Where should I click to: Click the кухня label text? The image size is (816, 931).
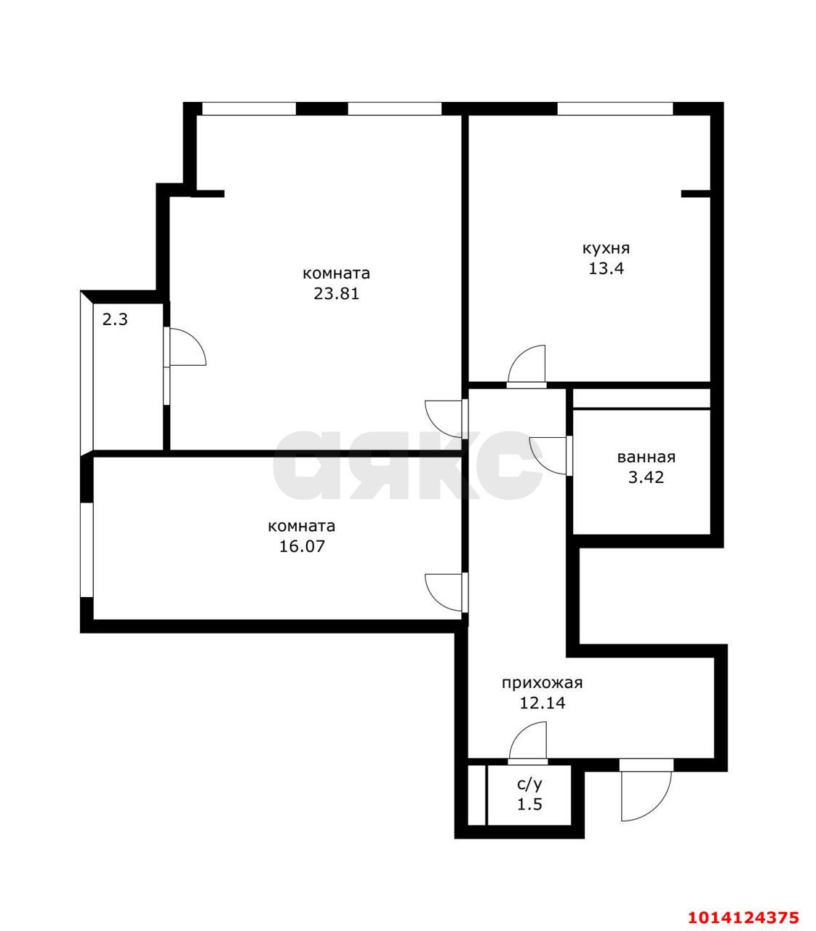[606, 249]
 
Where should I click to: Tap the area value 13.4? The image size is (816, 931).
[606, 268]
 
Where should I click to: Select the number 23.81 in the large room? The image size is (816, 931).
[336, 293]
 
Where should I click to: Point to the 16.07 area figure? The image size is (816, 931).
[302, 546]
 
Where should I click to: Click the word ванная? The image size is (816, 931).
[646, 457]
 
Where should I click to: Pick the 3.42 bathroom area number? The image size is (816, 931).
[646, 477]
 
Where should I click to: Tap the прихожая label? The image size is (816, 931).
[542, 683]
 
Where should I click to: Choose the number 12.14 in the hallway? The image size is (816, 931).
[542, 703]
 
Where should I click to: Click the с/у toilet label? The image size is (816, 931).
[529, 784]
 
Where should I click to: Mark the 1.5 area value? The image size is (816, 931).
[529, 804]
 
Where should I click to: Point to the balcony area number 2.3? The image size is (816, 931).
[115, 319]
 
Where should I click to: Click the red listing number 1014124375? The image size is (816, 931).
[743, 904]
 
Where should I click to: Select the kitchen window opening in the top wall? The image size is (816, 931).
[615, 108]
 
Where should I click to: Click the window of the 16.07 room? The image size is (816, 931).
[87, 550]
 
